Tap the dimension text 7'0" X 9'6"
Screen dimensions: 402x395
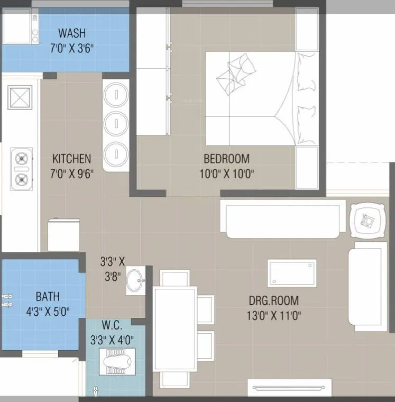coord(72,174)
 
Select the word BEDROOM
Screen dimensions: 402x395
coord(226,159)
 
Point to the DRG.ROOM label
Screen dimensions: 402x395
coord(273,301)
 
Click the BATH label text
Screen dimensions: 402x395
coord(48,296)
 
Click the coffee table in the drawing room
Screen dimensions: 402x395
coord(292,272)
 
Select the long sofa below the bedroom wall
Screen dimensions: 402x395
coord(283,218)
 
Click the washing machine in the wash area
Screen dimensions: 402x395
coord(20,29)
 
